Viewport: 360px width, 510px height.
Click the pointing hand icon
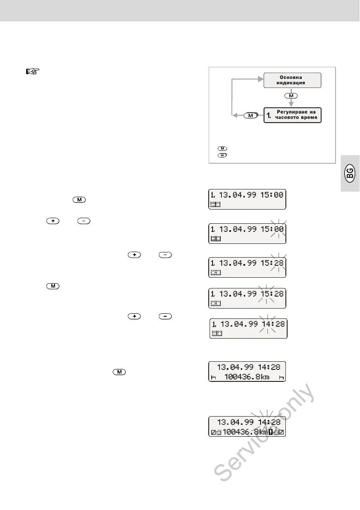(x=32, y=72)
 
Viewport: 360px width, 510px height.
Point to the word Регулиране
(x=296, y=112)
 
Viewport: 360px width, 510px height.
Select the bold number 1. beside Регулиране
(x=269, y=115)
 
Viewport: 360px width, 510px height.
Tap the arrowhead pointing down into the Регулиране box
(x=291, y=105)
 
